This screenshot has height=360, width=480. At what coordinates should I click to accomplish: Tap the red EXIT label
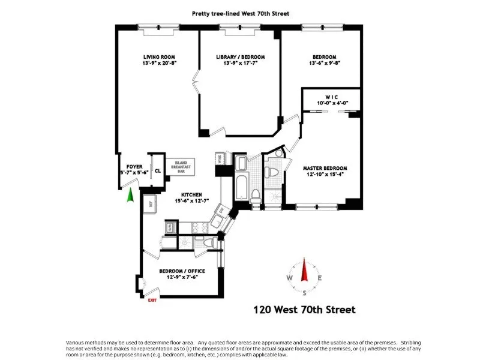pyautogui.click(x=152, y=301)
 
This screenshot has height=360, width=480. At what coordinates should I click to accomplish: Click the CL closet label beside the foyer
pyautogui.click(x=158, y=170)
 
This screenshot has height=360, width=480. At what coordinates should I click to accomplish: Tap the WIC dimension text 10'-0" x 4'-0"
pyautogui.click(x=331, y=103)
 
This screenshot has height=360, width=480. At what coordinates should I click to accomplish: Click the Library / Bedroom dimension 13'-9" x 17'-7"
pyautogui.click(x=240, y=64)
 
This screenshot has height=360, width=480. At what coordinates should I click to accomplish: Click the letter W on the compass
pyautogui.click(x=290, y=278)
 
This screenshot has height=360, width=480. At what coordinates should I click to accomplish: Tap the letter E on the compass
pyautogui.click(x=320, y=278)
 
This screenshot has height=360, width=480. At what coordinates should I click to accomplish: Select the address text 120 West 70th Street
pyautogui.click(x=304, y=310)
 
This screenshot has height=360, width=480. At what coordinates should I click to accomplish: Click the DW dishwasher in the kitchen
pyautogui.click(x=221, y=212)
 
